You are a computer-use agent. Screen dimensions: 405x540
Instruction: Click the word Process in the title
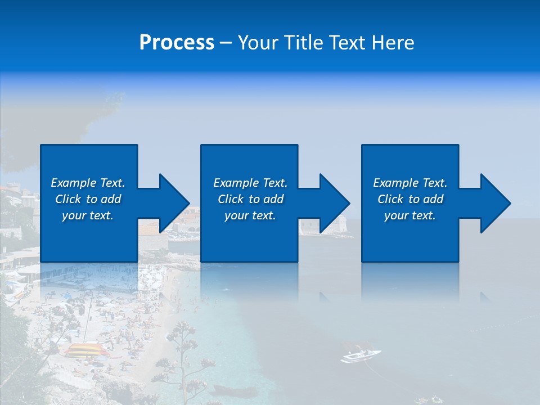(177, 43)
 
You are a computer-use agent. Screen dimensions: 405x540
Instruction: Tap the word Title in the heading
(305, 43)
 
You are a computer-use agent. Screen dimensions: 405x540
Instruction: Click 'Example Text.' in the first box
(88, 183)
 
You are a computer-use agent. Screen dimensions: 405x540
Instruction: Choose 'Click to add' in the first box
(88, 199)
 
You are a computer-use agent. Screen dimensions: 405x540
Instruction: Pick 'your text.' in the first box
(88, 215)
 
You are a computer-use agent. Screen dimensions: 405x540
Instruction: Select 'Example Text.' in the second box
(250, 183)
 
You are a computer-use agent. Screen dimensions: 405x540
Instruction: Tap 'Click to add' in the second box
(250, 199)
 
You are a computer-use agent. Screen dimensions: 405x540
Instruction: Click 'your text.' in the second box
(250, 215)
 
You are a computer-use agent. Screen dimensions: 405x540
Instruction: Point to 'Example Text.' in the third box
(410, 183)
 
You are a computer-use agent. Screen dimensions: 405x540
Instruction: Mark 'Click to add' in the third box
(410, 199)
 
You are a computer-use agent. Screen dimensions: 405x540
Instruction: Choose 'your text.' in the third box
(410, 215)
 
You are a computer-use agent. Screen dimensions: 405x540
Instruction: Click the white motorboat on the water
(360, 356)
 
